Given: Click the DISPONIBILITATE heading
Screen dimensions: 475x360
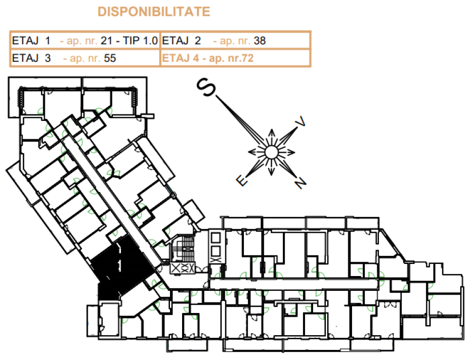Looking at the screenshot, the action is (154, 12).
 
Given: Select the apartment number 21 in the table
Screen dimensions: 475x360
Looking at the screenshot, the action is (106, 41).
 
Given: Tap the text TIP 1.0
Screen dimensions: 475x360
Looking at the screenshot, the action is (140, 41).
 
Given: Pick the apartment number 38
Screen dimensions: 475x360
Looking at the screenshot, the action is (260, 41).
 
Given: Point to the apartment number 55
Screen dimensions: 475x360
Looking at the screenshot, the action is (110, 58).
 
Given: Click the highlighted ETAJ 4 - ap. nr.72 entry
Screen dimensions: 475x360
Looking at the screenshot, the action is (207, 58).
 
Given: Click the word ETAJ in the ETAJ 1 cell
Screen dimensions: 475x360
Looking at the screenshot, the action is (25, 41).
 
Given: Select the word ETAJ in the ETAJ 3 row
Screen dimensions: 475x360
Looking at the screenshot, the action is (25, 58).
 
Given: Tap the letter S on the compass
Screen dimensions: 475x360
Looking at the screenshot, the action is (206, 87).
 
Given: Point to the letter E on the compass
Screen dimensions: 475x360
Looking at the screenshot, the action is (242, 181).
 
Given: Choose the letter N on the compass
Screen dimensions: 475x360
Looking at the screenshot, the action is (300, 183).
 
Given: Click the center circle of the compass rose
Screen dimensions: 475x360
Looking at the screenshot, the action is (271, 152).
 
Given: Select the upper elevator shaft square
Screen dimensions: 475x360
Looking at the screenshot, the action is (215, 238).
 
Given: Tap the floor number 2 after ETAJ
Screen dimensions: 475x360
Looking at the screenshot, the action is (197, 41).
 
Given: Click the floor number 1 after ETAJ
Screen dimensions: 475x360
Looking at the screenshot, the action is (47, 41).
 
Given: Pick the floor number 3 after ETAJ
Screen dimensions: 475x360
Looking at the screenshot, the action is (47, 58).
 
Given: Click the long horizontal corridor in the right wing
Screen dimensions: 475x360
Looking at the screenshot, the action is (294, 284).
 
